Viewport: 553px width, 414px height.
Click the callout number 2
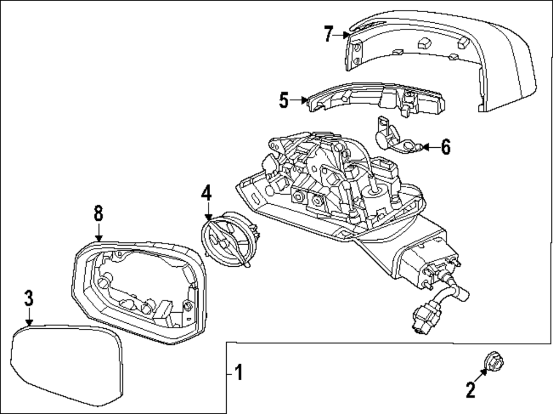(470, 390)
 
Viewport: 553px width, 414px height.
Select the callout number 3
(29, 298)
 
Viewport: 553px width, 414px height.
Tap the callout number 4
(206, 193)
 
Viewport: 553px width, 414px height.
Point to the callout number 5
(284, 100)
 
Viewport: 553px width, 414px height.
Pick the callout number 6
(446, 147)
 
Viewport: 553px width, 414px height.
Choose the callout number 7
(328, 34)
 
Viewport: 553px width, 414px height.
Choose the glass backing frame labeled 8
(138, 288)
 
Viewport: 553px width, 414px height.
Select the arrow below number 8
(98, 232)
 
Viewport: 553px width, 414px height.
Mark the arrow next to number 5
(300, 100)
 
